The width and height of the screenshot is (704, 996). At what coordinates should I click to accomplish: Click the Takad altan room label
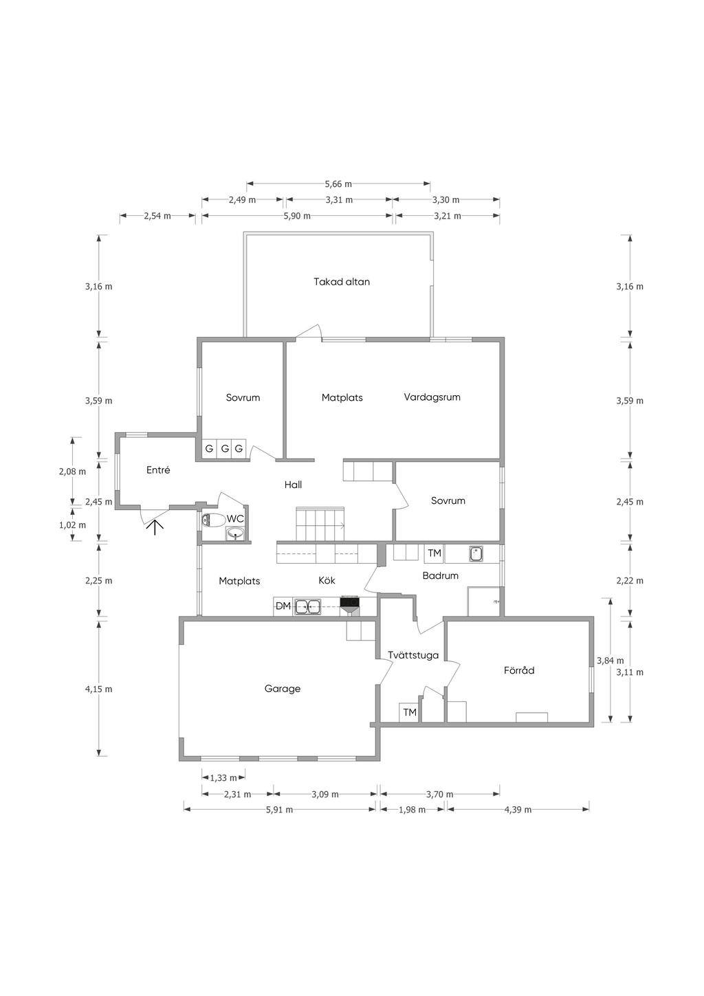342,282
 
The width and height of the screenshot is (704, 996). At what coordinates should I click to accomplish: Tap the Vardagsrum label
432,397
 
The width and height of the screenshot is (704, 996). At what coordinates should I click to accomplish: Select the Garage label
283,689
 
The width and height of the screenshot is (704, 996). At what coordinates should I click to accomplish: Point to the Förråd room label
519,670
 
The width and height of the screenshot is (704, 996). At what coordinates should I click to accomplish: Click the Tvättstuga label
412,655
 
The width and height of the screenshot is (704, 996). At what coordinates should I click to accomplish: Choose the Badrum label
440,576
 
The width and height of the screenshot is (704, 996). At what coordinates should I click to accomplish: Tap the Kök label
327,581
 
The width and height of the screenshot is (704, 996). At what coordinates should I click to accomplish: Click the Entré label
158,471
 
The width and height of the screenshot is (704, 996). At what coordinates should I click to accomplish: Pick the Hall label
293,485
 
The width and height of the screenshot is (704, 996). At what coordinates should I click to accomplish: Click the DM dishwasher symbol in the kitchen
283,606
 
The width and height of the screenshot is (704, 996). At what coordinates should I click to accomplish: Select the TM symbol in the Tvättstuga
410,713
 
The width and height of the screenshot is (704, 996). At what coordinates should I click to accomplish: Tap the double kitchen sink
307,606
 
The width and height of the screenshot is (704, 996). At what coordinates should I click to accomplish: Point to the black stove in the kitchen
349,605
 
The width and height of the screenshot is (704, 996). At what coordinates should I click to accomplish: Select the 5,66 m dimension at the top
338,184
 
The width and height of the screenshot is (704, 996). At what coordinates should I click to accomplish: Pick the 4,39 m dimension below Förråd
518,810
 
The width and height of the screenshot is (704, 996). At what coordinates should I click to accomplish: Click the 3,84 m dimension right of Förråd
605,661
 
